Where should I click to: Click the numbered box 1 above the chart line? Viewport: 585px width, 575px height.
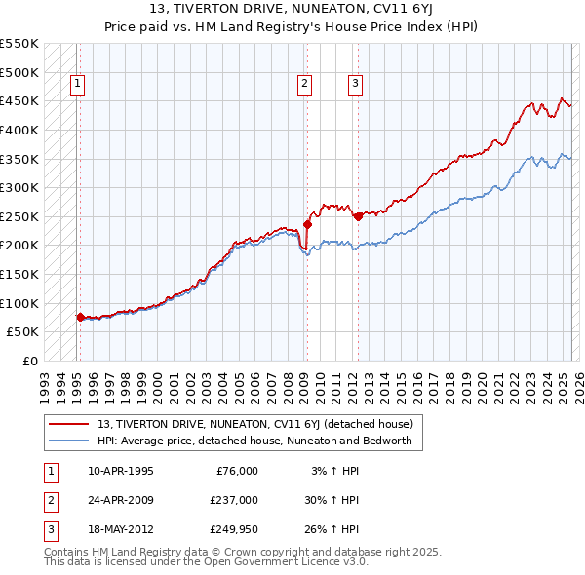coord(76,85)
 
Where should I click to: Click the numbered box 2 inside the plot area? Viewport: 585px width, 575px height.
coord(305,85)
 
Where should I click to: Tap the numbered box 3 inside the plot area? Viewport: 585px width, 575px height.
coord(355,85)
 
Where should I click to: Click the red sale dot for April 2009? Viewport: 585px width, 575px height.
coord(306,224)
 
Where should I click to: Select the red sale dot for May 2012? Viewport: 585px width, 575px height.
coord(357,216)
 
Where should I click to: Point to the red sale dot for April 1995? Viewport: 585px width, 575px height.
coord(80,317)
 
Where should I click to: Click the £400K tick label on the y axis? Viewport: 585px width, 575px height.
coord(19,130)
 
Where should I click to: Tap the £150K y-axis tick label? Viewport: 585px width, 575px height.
coord(19,274)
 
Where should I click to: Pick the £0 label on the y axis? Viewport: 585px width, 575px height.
coord(28,361)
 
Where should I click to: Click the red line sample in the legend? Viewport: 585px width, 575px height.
coord(70,424)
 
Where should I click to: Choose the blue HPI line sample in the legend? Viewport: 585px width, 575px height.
coord(70,441)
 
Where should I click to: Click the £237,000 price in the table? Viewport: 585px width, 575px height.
coord(233,501)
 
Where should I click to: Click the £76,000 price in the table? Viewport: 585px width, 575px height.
coord(237,471)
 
